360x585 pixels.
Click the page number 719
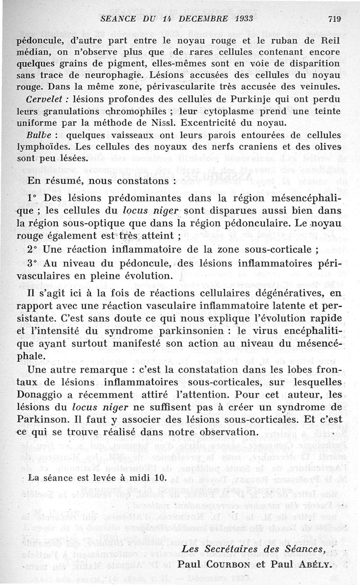pyautogui.click(x=334, y=18)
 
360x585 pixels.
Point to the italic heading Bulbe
pyautogui.click(x=39, y=135)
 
